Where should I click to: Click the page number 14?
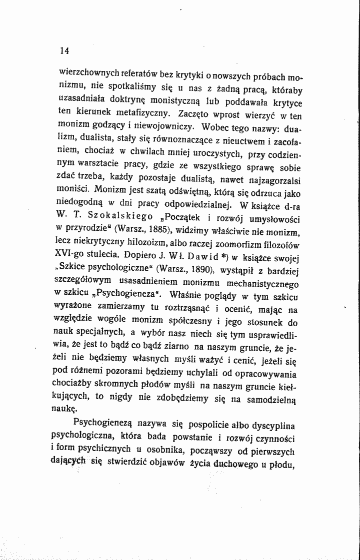(63, 50)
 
